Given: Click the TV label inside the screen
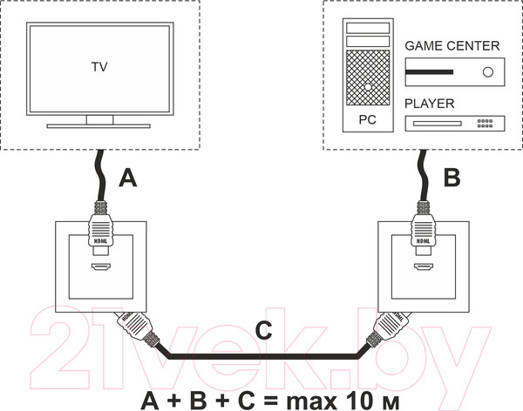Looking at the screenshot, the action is pos(99,67).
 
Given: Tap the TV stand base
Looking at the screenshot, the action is pos(98,126).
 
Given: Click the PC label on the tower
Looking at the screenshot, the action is pos(368,119).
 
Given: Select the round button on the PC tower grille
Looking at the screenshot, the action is pos(368,87).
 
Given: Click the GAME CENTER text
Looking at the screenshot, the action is pos(452,46).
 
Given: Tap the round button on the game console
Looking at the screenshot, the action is pos(487,72).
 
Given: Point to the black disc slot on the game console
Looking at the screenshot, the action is pos(429,72).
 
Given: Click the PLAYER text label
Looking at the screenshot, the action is pos(429,104).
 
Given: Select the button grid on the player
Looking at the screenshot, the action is pos(485,124).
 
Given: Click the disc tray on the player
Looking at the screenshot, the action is pos(438,124).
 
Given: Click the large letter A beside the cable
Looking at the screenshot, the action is pos(128,178).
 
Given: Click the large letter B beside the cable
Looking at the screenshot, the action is pos(452,178).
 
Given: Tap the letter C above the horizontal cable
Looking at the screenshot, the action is pos(263,330).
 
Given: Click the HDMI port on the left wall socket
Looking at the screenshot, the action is pos(101,266).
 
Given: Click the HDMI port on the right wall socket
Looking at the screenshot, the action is pos(424,266).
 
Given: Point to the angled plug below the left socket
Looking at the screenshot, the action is pos(138,329).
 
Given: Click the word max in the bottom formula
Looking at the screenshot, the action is pos(311,402).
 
